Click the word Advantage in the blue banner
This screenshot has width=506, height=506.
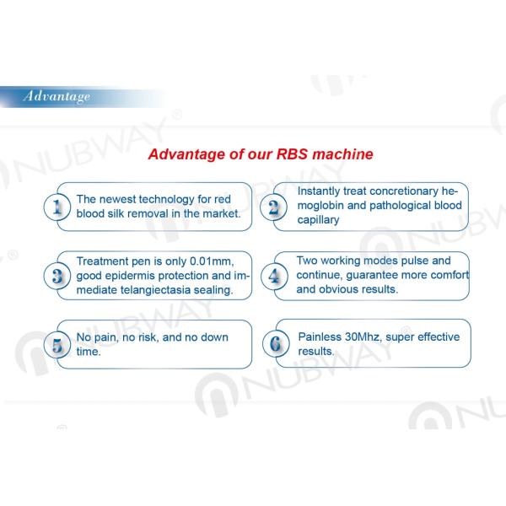(x=57, y=96)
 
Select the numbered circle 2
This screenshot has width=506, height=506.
(x=274, y=207)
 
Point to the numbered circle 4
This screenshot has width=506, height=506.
(x=274, y=275)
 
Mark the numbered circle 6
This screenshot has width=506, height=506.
(x=274, y=344)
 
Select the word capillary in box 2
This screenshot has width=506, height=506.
(x=318, y=219)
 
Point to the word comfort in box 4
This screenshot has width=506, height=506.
(x=446, y=275)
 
